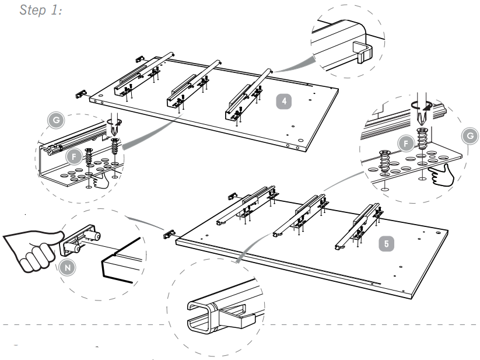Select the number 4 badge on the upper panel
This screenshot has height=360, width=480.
(x=283, y=101)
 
